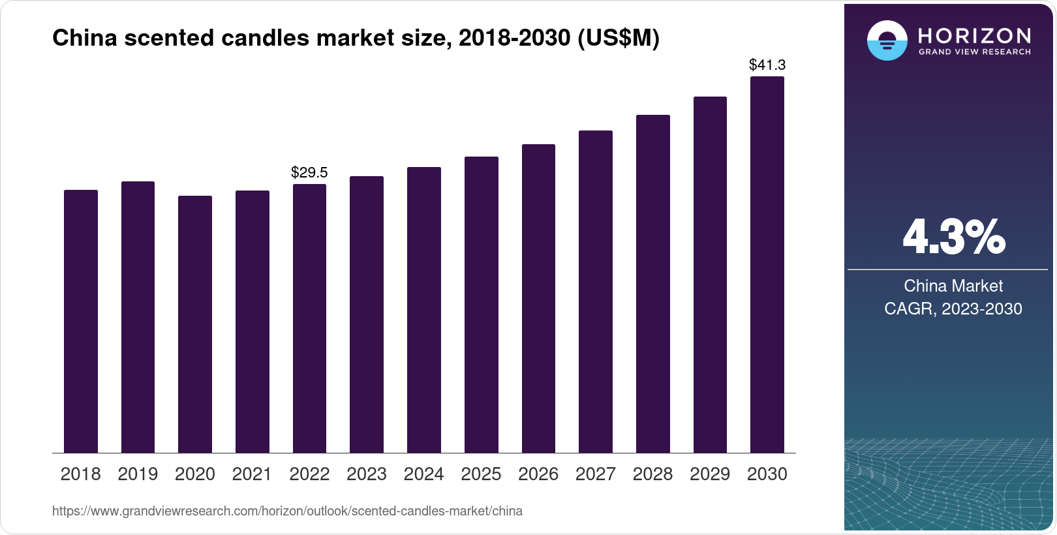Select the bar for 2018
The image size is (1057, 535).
[81, 321]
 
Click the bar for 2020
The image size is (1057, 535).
[195, 324]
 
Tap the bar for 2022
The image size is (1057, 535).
[309, 318]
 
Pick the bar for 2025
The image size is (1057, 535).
[482, 305]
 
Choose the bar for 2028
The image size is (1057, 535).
[653, 284]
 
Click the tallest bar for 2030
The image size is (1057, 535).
[767, 264]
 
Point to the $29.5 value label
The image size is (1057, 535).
[309, 172]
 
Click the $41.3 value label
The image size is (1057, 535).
[767, 65]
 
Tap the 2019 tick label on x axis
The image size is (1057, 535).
[138, 474]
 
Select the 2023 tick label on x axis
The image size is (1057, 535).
[367, 474]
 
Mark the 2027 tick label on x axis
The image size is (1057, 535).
[596, 474]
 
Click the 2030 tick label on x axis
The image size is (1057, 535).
[767, 474]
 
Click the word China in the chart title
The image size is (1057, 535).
[85, 38]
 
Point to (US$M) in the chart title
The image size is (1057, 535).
[619, 38]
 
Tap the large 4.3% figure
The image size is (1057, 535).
[953, 237]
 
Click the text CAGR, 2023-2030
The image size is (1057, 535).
[953, 309]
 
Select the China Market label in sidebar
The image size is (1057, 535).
[953, 286]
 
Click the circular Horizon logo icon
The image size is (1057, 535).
[887, 40]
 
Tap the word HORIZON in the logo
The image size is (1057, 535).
[975, 35]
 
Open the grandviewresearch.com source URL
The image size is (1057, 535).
[287, 511]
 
